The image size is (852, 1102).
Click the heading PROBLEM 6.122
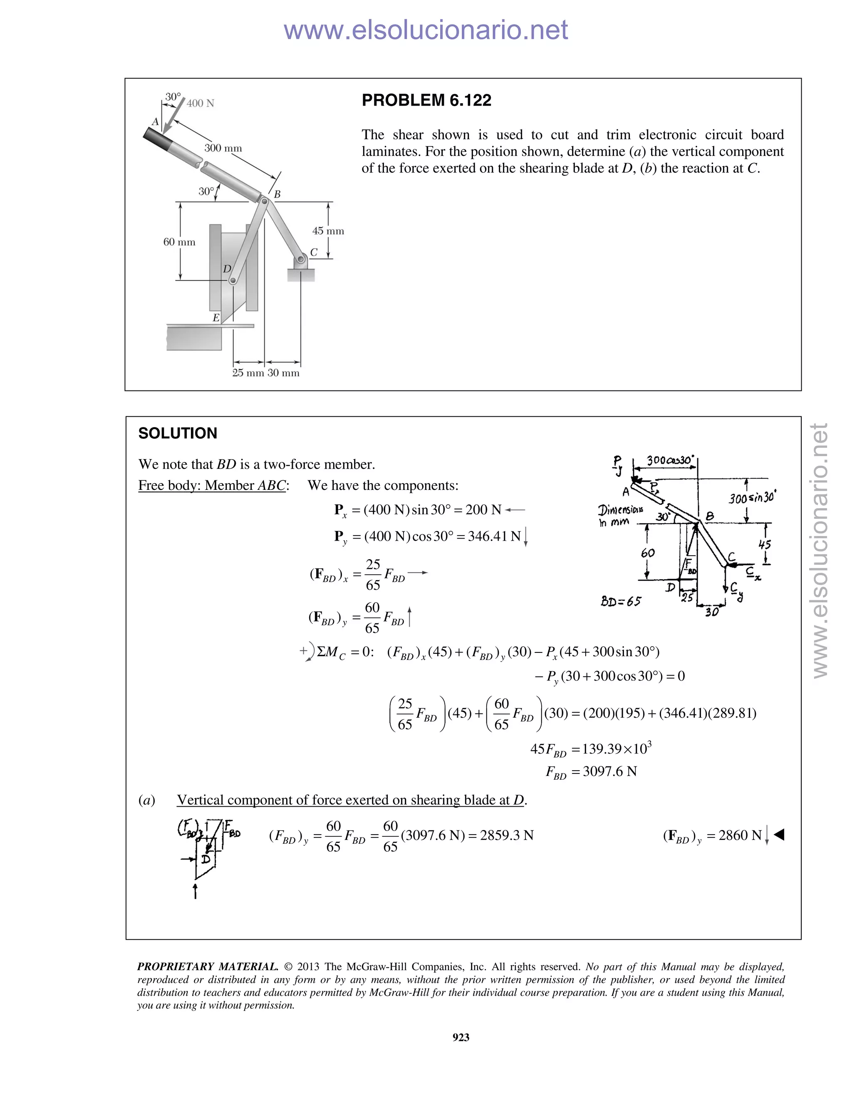coord(426,100)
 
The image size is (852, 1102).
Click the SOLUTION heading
coord(177,433)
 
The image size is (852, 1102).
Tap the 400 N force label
coord(201,104)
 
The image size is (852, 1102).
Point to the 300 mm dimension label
coord(223,148)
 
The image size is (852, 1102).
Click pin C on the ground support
coord(301,260)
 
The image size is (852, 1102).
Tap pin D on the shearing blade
coord(233,281)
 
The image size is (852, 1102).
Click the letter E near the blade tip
coord(216,318)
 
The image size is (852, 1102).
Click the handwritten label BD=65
coord(620,601)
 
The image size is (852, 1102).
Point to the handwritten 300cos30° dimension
coord(670,460)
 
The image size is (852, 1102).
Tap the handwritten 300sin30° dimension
coord(752,498)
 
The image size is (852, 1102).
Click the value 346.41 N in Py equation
coord(494,536)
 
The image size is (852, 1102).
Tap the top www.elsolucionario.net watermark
coord(426,30)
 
